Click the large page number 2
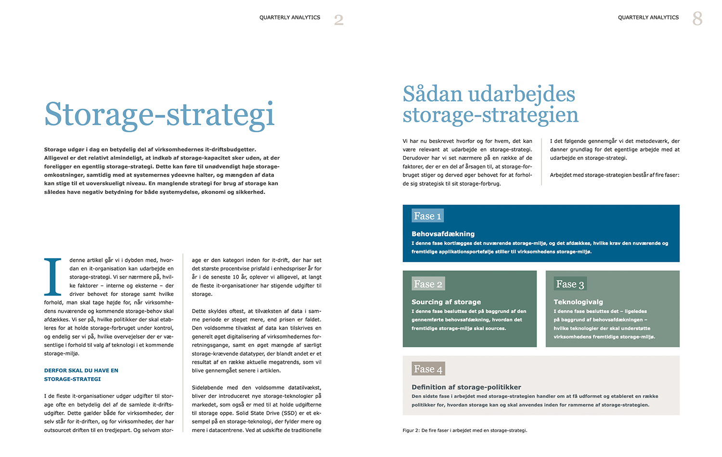click(339, 20)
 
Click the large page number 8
click(697, 19)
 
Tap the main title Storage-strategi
click(159, 114)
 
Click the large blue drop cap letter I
click(53, 277)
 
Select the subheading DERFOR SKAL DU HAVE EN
click(81, 370)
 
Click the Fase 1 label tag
click(427, 216)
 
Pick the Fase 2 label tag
click(428, 284)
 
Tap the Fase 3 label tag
click(570, 284)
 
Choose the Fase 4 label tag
click(428, 369)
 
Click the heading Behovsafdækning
click(443, 234)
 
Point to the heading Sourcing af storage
click(446, 302)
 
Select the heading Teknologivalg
click(578, 302)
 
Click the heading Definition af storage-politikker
click(466, 387)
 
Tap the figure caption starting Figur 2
click(464, 431)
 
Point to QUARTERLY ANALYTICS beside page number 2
click(290, 18)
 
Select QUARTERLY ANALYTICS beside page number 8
click(648, 18)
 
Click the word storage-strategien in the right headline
click(490, 115)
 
